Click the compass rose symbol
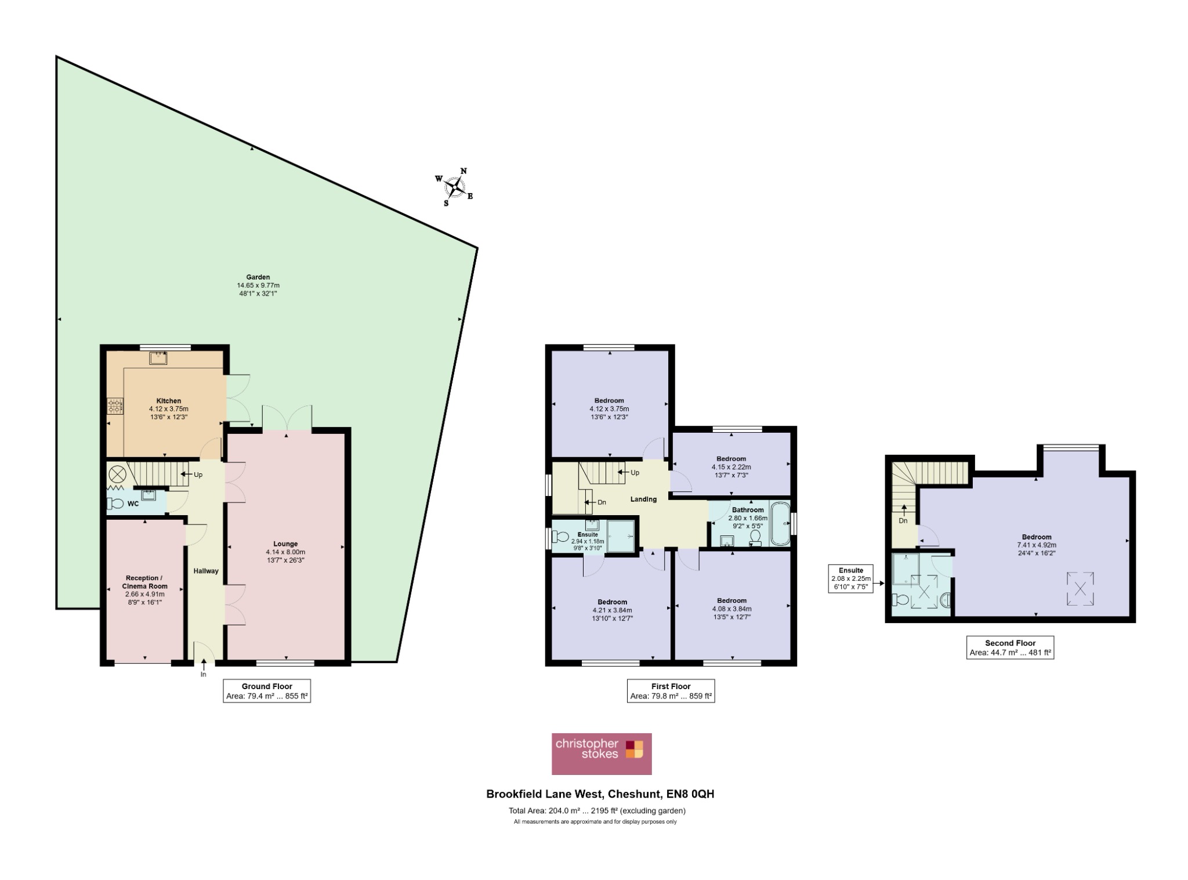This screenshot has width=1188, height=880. point(455,187)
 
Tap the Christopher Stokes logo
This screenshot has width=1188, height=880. point(602,754)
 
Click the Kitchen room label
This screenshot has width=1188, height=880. point(169,409)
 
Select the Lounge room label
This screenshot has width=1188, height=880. point(285,552)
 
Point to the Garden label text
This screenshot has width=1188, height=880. point(258,285)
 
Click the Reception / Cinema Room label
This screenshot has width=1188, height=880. point(144,590)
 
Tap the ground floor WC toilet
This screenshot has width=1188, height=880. point(115,504)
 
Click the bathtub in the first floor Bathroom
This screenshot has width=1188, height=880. point(780,523)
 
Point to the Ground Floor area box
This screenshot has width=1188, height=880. point(267,691)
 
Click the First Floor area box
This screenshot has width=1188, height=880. point(671,691)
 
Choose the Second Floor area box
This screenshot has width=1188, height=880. point(1010,647)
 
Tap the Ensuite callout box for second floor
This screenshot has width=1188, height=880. point(850,579)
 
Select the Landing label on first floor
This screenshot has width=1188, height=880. point(643,499)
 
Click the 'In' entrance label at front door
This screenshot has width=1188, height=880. point(204,675)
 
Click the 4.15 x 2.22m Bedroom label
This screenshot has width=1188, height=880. point(731,467)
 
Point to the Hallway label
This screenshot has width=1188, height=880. point(206,571)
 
